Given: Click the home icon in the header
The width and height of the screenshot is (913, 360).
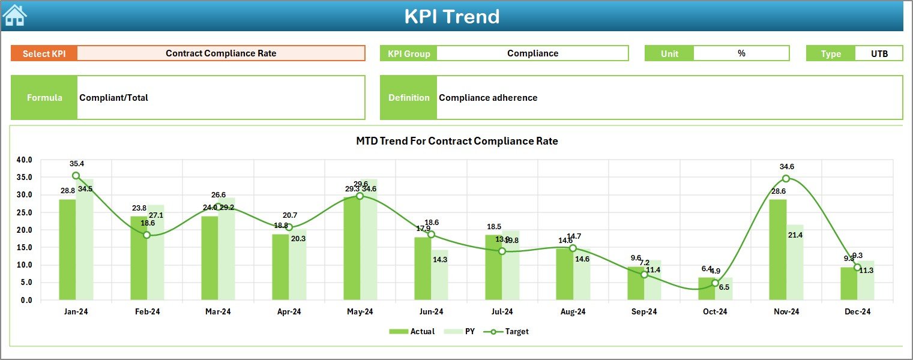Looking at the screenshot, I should point(14,16).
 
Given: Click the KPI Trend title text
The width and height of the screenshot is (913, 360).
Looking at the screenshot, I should point(451,17).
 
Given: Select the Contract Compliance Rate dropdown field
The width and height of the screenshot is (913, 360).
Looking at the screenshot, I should point(221,53).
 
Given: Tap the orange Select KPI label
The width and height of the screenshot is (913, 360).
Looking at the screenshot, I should point(44,53).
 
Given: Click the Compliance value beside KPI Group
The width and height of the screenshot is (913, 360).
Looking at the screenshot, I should point(532,53).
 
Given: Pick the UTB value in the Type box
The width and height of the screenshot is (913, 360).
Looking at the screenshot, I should point(879,53).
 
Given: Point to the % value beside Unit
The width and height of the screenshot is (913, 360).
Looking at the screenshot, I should point(741,53).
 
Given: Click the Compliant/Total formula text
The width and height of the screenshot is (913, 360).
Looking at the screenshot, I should point(114,98).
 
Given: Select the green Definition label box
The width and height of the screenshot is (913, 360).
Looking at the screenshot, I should point(408,98).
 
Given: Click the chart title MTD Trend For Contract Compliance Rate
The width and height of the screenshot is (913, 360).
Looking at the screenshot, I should point(457,142).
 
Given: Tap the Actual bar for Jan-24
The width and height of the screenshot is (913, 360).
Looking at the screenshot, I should point(67,250).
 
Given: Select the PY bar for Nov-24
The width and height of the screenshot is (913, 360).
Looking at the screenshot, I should point(795,262).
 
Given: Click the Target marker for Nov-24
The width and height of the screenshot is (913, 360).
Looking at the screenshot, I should point(786,179).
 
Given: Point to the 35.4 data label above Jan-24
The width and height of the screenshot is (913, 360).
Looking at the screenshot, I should point(77,164).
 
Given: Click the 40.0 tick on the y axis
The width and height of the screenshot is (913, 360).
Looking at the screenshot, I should point(25,160).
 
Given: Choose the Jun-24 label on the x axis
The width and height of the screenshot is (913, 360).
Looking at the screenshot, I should point(431,312).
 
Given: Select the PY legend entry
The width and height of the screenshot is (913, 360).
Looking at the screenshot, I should point(462,331).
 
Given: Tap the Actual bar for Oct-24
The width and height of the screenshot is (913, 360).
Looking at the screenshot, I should point(707,289).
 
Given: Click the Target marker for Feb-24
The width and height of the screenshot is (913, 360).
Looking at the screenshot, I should point(147,235).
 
